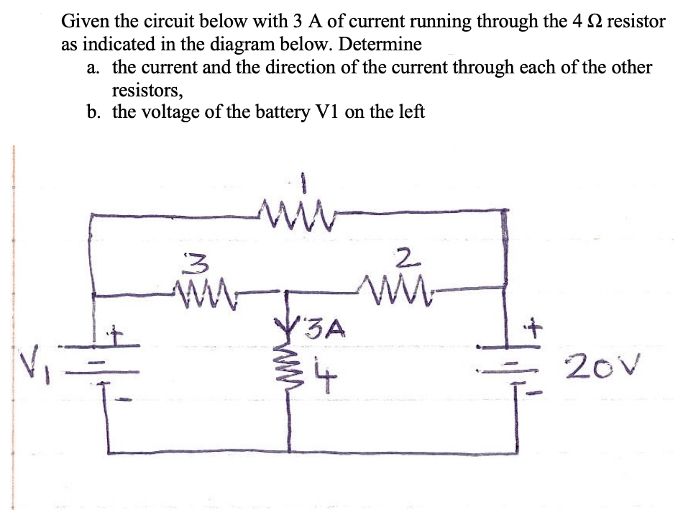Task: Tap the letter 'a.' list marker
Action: pos(93,68)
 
